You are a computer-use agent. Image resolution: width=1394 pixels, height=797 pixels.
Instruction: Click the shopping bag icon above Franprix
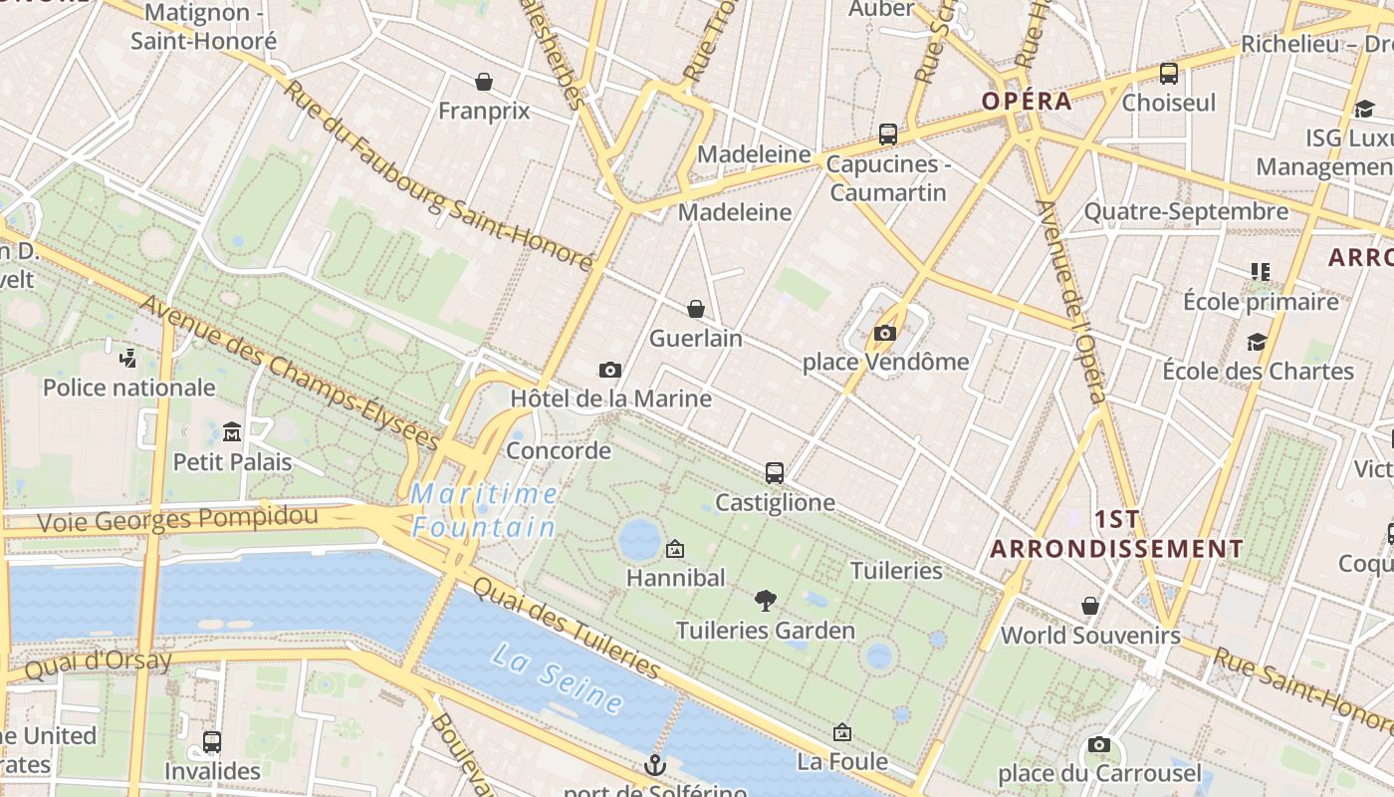[x=484, y=81]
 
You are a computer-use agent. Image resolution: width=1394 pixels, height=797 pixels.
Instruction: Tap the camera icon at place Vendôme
[x=884, y=333]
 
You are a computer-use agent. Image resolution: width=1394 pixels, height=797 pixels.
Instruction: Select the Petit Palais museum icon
[x=232, y=432]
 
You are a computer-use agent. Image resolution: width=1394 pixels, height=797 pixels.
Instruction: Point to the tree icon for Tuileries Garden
[x=765, y=600]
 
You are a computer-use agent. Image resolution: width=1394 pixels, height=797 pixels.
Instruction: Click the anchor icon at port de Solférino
[x=654, y=765]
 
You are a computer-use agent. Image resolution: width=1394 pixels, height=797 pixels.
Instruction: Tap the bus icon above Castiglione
[x=775, y=473]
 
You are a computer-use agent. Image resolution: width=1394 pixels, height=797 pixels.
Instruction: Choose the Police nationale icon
[x=127, y=358]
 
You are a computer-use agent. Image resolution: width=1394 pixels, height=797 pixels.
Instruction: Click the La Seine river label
[x=559, y=679]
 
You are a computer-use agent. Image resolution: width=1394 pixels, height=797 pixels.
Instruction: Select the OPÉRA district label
[x=1027, y=101]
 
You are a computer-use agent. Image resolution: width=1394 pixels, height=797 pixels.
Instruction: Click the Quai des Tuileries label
[x=567, y=626]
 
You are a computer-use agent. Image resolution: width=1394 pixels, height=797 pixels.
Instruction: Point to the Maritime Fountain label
[x=484, y=509]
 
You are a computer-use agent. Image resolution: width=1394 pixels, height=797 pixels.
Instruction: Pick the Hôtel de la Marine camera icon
[x=610, y=370]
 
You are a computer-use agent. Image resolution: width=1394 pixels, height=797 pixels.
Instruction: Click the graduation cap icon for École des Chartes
[x=1258, y=342]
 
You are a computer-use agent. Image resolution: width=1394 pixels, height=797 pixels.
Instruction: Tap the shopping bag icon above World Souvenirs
[x=1090, y=606]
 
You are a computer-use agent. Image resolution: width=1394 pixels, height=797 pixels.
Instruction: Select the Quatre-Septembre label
[x=1185, y=211]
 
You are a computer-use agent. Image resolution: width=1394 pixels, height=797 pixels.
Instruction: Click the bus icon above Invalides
[x=212, y=741]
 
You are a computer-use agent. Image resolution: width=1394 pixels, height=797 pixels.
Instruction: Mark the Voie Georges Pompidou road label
[x=177, y=518]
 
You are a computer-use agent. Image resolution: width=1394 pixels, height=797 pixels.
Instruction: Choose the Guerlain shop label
[x=695, y=338]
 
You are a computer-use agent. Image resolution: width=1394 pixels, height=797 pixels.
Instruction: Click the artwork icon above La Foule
[x=841, y=732]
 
